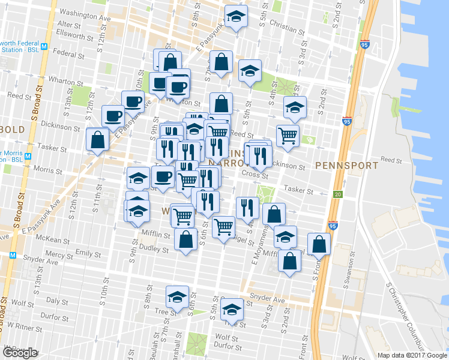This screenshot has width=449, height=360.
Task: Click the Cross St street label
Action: click(254, 174)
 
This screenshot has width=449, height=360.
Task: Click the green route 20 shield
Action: click(338, 194)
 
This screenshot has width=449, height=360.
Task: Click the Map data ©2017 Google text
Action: click(411, 355)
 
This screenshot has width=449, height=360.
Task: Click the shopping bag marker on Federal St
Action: click(170, 61)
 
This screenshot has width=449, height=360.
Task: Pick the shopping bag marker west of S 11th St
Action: click(97, 140)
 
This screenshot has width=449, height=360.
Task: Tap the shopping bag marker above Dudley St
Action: click(186, 239)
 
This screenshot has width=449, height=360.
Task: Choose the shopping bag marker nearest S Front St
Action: click(320, 242)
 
